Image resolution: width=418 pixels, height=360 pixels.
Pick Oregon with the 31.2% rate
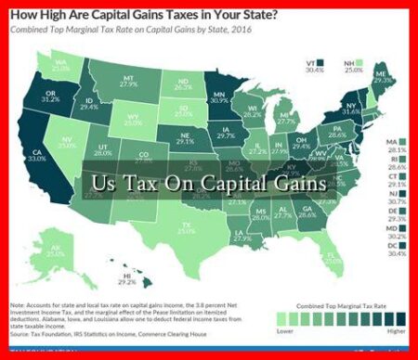pos(48,98)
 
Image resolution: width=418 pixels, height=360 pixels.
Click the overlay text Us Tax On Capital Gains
pos(209,183)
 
